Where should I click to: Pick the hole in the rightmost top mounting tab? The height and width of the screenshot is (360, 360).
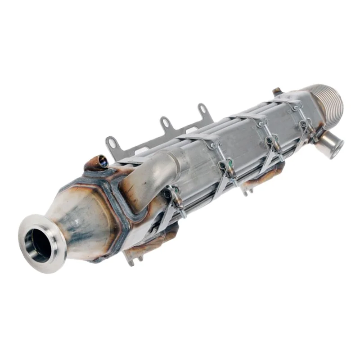[x=203, y=108]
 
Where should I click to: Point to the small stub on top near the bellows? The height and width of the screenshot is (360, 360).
[x=277, y=92]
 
